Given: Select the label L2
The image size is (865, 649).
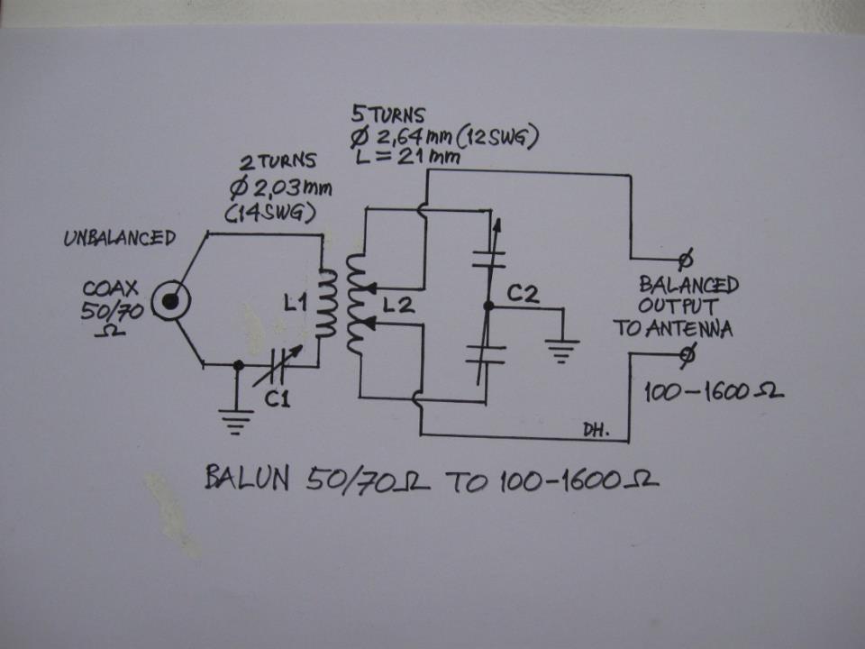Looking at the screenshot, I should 397,306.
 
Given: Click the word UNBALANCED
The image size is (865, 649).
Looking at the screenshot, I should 119,239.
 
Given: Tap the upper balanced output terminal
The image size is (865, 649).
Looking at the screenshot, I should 684,261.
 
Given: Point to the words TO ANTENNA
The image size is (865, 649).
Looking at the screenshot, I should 673,329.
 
